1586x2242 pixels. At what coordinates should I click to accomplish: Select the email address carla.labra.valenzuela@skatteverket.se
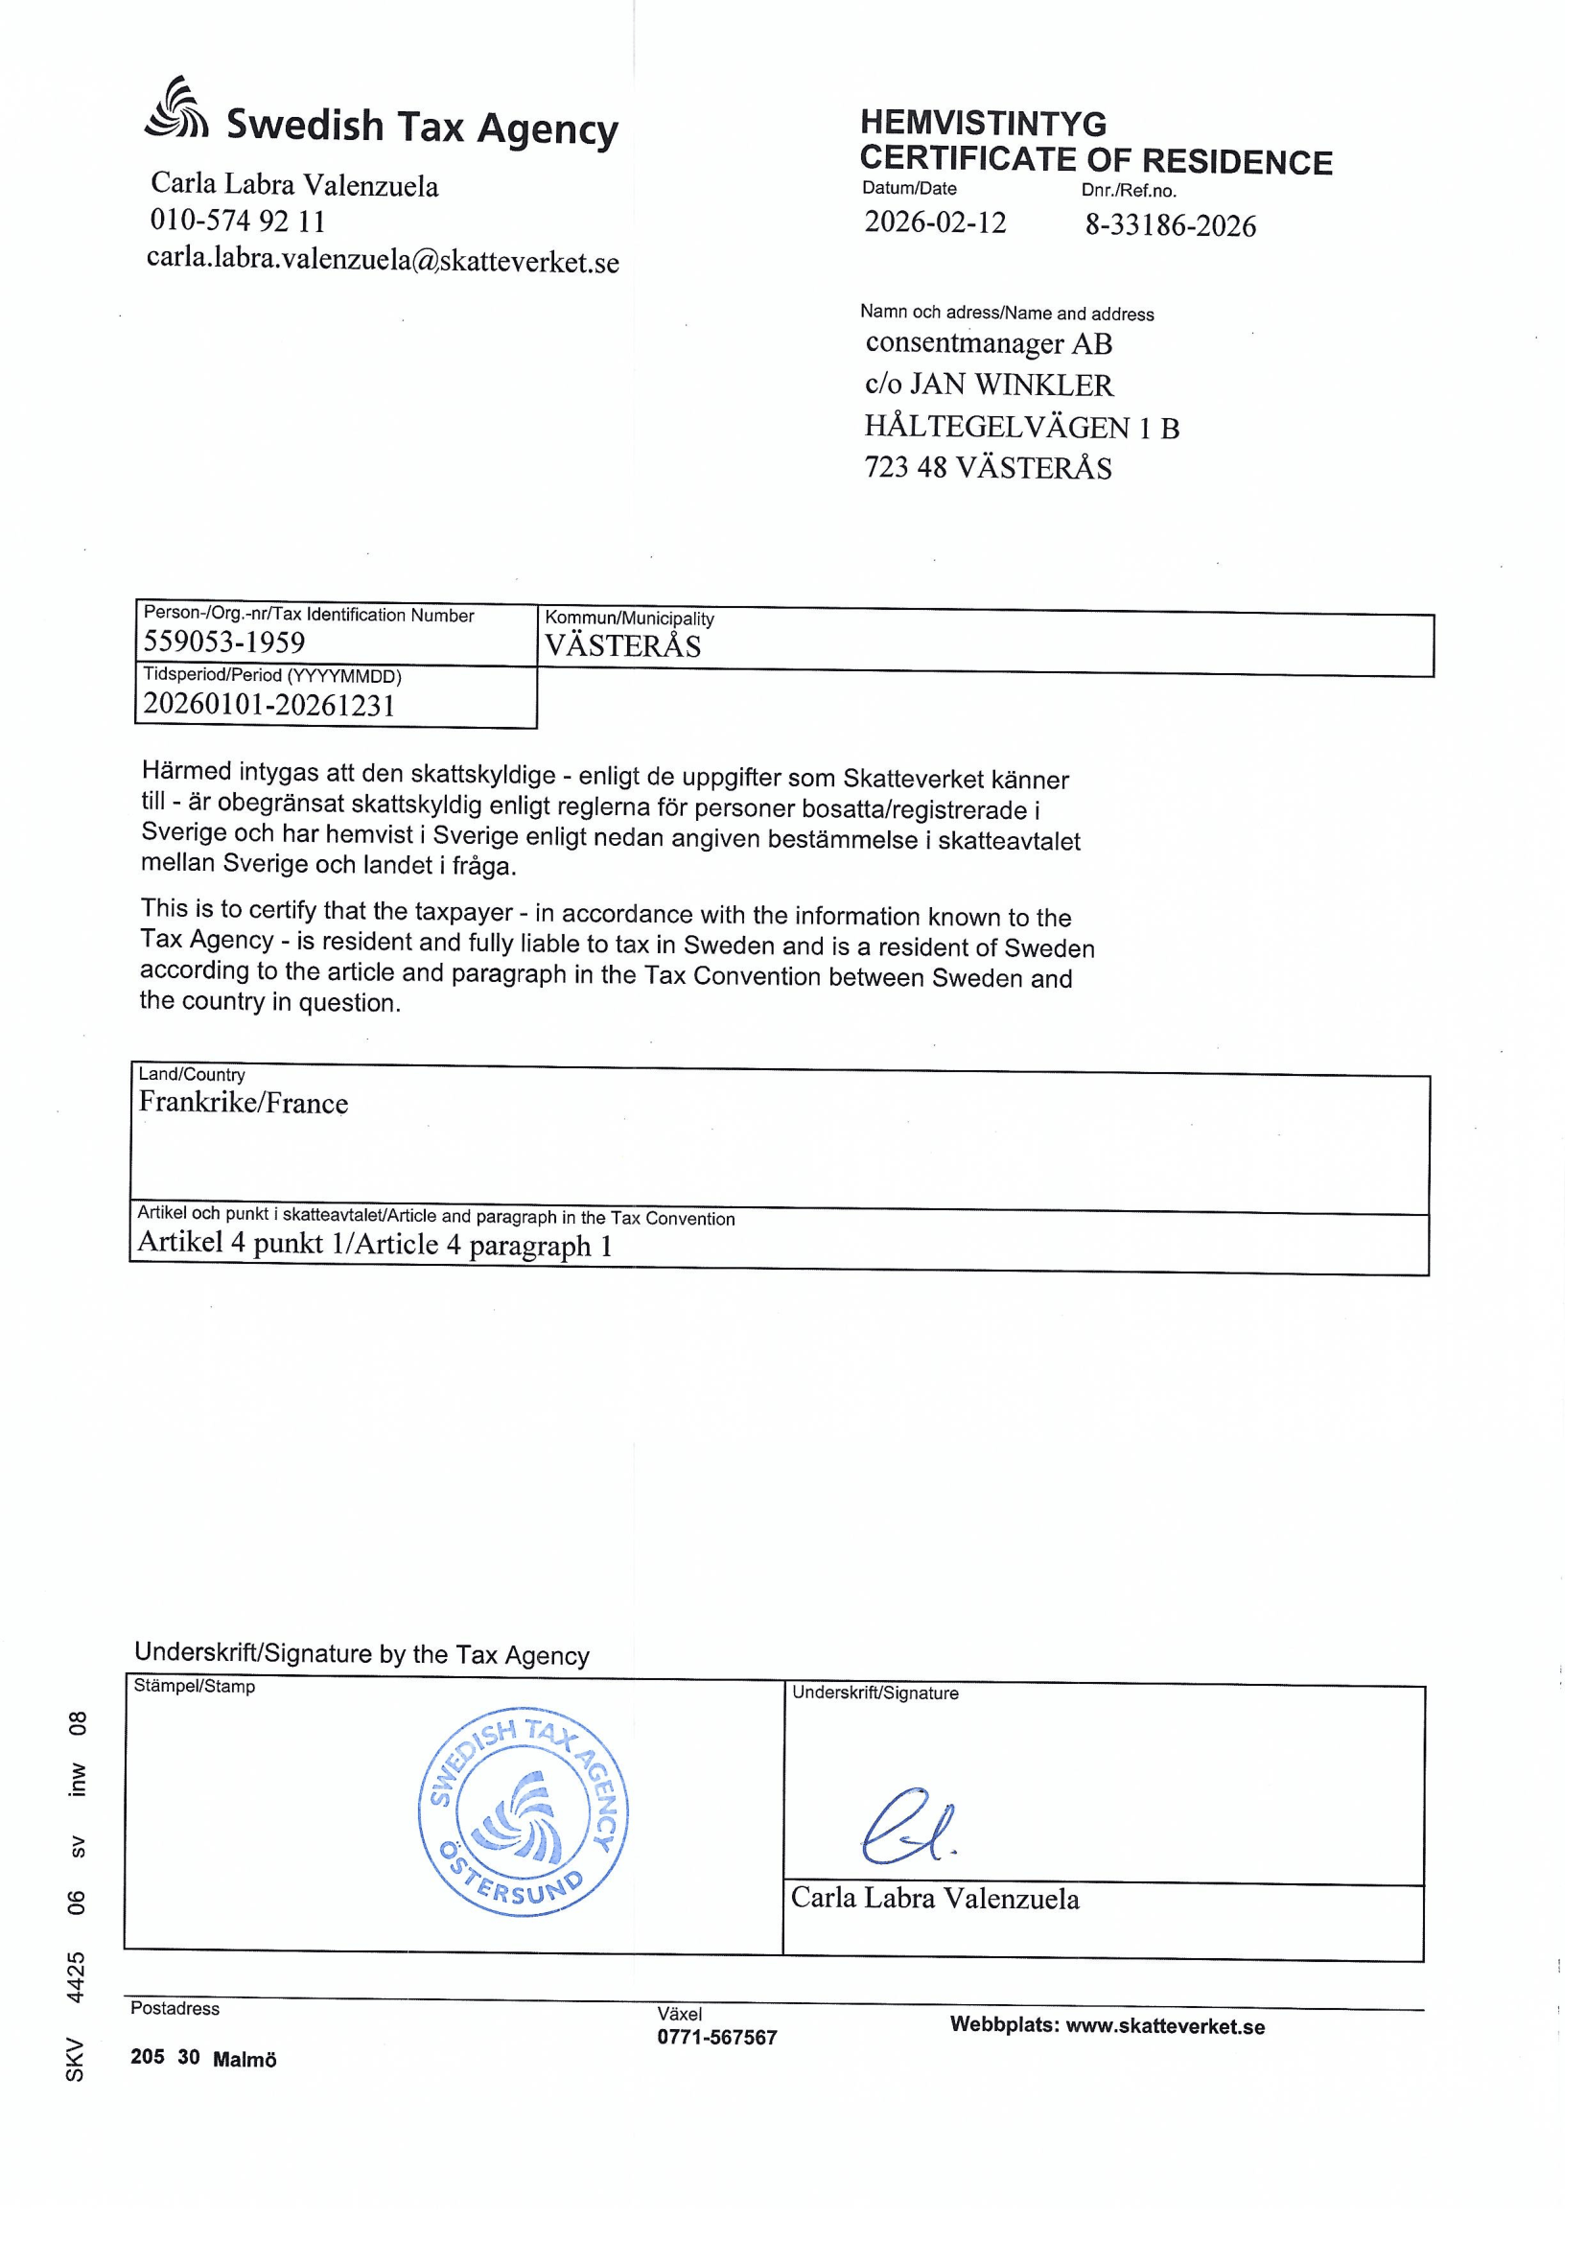tap(383, 261)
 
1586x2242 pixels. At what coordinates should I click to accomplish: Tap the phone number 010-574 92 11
tap(237, 221)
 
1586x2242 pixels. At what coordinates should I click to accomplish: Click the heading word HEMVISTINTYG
tap(983, 123)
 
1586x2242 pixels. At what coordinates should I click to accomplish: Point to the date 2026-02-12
tap(935, 222)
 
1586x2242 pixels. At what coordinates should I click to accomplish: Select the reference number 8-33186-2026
tap(1170, 225)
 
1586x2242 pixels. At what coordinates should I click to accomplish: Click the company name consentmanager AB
tap(989, 343)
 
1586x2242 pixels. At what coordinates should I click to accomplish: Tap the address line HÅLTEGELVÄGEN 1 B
tap(1021, 427)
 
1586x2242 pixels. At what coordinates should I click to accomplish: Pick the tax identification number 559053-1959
tap(223, 642)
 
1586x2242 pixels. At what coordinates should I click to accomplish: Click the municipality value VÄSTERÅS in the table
tap(623, 646)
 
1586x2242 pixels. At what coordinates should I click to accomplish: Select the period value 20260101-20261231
tap(269, 705)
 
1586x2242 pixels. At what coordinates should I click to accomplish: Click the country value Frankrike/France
tap(244, 1103)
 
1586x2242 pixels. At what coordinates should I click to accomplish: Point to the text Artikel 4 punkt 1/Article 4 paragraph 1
tap(375, 1243)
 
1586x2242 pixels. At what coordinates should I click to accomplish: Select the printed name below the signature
tap(935, 1900)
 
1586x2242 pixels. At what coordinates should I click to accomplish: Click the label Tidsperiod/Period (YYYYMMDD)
tap(272, 676)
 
